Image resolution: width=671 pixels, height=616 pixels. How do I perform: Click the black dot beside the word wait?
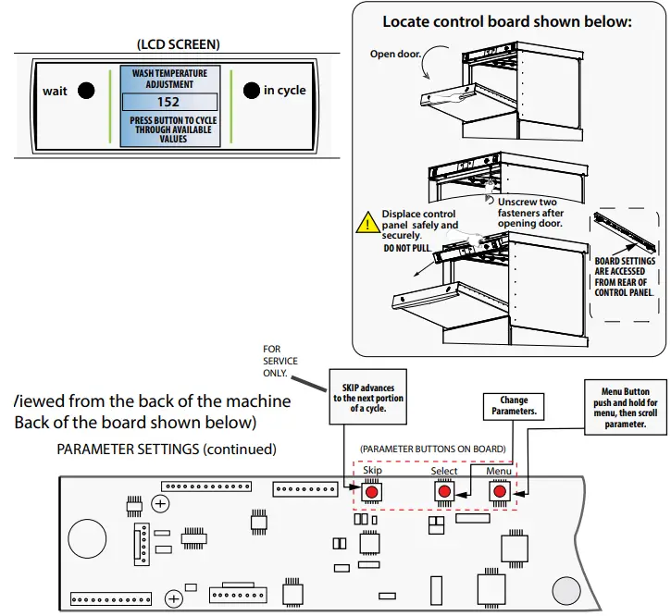tap(85, 91)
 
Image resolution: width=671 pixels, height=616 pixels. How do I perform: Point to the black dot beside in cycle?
tap(251, 90)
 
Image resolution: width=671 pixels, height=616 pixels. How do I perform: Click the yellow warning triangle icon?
tap(368, 223)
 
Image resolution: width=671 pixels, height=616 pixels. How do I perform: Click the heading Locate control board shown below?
tap(507, 21)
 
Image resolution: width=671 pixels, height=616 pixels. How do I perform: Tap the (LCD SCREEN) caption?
tap(178, 43)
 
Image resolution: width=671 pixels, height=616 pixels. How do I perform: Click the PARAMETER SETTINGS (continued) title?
tap(167, 450)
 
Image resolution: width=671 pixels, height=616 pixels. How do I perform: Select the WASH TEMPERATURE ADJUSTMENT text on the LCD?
tap(168, 78)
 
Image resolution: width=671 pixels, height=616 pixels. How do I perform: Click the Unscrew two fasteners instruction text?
tap(528, 212)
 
